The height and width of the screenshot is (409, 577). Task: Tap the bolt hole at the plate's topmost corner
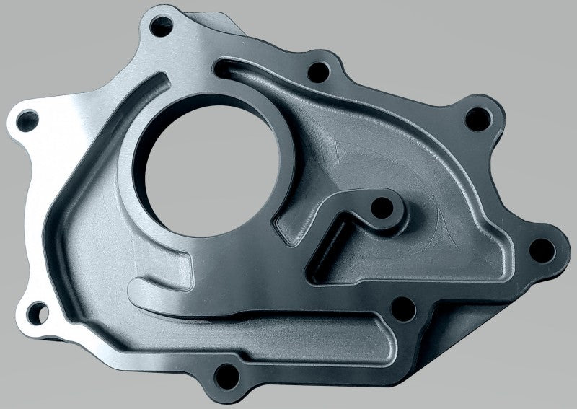[x=158, y=28]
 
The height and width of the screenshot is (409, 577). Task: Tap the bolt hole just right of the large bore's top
[x=315, y=71]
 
